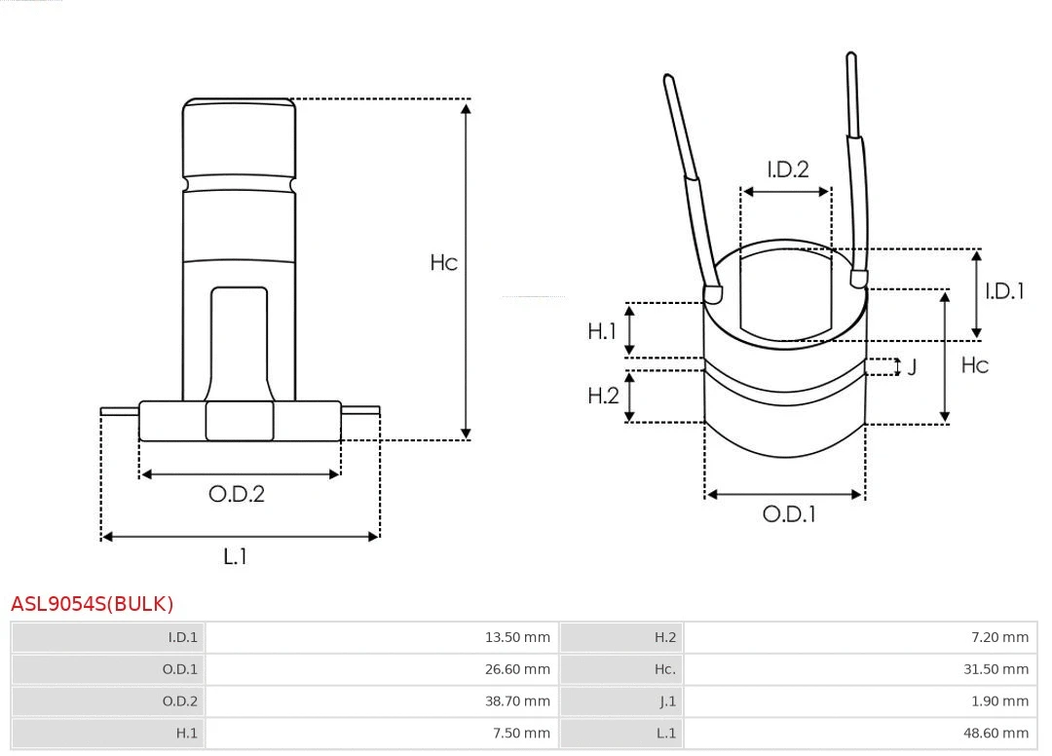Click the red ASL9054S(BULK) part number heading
tap(92, 604)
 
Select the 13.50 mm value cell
tap(517, 637)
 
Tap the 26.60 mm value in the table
tap(517, 669)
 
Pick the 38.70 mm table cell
tap(517, 700)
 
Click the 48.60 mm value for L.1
tap(996, 733)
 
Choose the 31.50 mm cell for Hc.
tap(996, 669)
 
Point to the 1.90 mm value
tap(999, 700)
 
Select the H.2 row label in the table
tap(665, 637)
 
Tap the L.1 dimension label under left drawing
tap(236, 556)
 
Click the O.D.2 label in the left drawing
tap(237, 494)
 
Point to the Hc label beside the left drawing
tap(444, 263)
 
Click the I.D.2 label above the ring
tap(787, 170)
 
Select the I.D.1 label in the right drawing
tap(1004, 290)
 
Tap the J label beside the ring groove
tap(912, 367)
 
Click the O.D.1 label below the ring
tap(788, 514)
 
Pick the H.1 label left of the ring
tap(602, 331)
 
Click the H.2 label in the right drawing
tap(603, 396)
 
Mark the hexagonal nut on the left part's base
tap(240, 421)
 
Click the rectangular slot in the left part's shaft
tap(239, 341)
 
